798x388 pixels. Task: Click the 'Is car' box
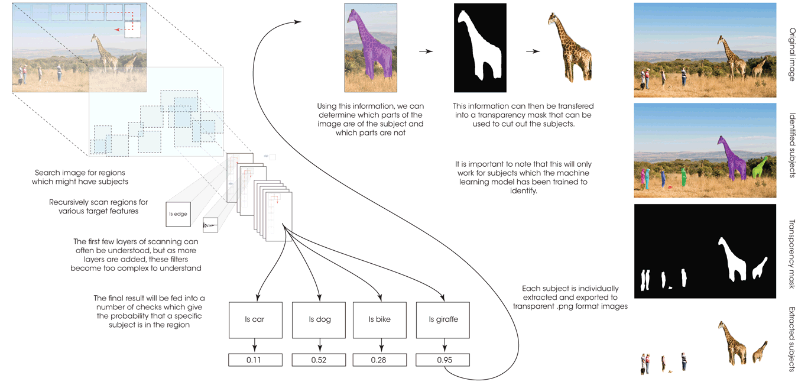coord(255,319)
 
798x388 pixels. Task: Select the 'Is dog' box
coord(319,319)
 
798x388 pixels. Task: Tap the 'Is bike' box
coord(379,319)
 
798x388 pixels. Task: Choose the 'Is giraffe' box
coord(443,319)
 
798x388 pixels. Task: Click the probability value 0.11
coord(255,360)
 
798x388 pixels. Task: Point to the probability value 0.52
coord(319,360)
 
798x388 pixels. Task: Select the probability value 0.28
coord(379,360)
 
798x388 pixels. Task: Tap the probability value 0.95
coord(443,360)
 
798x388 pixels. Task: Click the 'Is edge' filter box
coord(178,214)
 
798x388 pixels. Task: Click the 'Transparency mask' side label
coord(791,255)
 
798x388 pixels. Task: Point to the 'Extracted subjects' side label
coord(791,339)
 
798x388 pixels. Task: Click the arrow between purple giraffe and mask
coord(426,51)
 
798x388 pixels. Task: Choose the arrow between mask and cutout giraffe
coord(533,51)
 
